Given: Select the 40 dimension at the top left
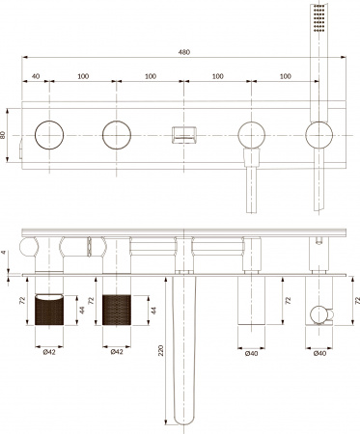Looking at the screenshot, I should [x=36, y=75].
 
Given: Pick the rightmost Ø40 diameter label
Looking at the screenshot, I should [x=319, y=352].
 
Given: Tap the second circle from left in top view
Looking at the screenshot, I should [x=117, y=134].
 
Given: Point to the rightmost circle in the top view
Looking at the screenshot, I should [x=318, y=134].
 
